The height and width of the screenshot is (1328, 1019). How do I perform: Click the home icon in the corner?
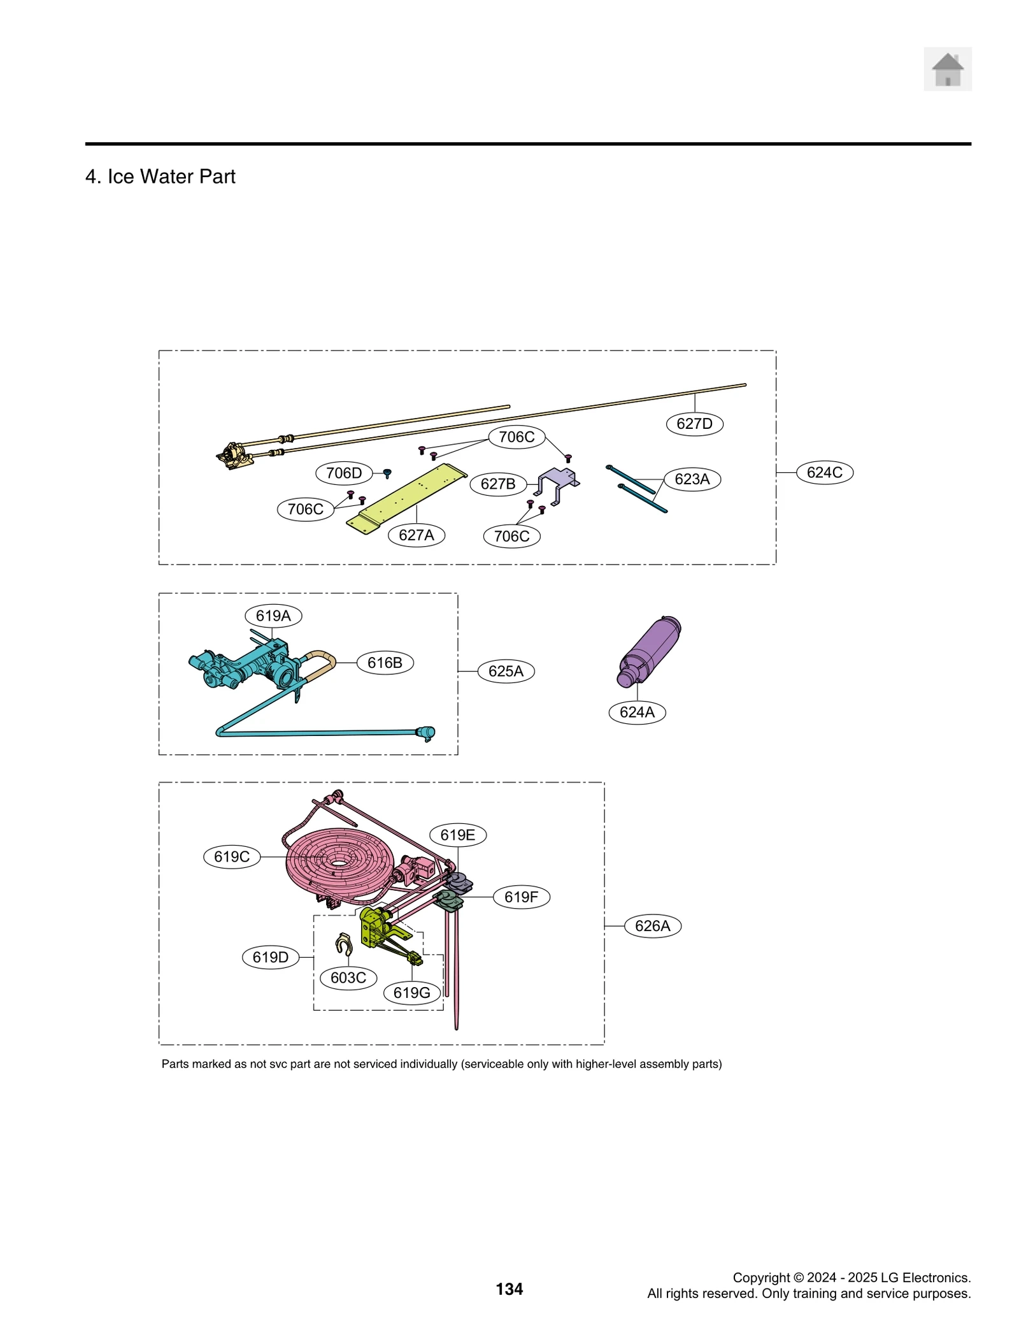click(947, 69)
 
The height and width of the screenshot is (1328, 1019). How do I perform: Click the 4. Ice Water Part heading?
click(160, 177)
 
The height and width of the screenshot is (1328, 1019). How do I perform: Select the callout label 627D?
click(694, 424)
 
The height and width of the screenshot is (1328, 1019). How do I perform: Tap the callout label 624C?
click(824, 472)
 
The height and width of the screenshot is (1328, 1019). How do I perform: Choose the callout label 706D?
click(344, 473)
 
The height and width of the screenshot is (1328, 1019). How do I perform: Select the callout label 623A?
click(692, 479)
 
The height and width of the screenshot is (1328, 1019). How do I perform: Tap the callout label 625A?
click(506, 671)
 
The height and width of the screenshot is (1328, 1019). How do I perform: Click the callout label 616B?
click(385, 663)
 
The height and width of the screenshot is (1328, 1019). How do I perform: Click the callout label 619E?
click(457, 835)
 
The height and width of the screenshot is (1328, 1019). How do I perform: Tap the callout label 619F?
click(521, 897)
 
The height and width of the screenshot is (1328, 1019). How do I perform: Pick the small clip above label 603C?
click(344, 944)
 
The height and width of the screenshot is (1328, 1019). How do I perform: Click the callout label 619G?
click(411, 993)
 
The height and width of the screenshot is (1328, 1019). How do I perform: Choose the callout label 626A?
click(652, 926)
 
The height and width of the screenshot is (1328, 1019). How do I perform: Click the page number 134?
click(509, 1288)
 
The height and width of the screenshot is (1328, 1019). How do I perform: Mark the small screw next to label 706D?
click(387, 473)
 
